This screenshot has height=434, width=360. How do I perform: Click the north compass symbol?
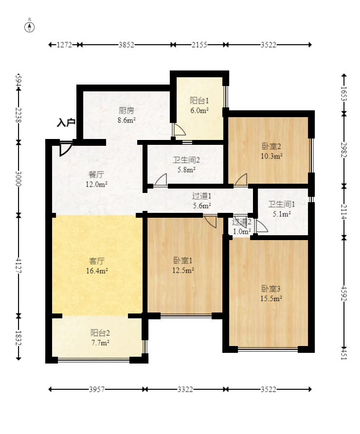pos(29,27)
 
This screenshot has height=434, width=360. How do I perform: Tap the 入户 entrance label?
pos(66,122)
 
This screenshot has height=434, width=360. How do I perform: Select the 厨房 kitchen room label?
pos(126,110)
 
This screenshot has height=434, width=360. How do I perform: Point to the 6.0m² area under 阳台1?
pos(199,110)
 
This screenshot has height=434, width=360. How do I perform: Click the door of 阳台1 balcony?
pos(179,130)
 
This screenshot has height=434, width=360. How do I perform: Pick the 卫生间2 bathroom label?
pos(186,160)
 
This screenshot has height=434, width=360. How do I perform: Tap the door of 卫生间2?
pos(161,180)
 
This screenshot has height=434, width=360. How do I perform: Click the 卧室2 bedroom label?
pos(271,146)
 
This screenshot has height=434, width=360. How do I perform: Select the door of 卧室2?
pos(241,180)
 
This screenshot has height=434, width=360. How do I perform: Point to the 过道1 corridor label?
pos(202,196)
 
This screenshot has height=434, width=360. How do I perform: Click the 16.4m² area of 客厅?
pos(97,271)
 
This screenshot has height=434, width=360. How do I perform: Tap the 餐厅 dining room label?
pos(96,174)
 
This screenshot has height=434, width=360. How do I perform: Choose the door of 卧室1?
pos(210,222)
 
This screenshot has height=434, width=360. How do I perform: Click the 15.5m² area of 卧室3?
pos(271,299)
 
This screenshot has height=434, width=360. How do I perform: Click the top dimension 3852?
pos(126,45)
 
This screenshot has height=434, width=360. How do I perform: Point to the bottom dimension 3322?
pos(185,390)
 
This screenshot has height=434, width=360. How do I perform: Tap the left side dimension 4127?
pos(18,265)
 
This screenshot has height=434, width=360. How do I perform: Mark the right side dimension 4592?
pos(343,293)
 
